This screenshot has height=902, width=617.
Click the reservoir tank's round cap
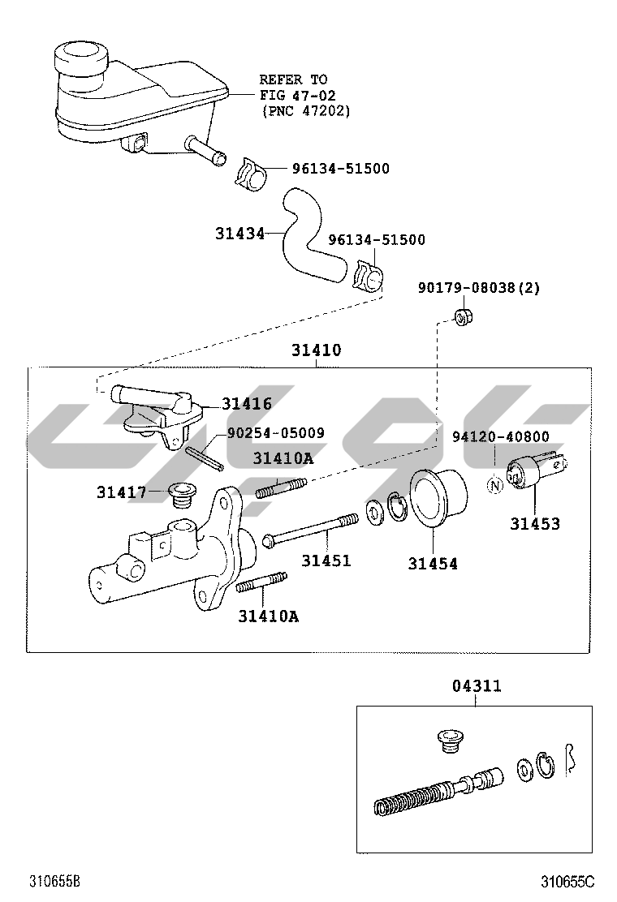coord(79,59)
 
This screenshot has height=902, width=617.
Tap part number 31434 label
coord(239,234)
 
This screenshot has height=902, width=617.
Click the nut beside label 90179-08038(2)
coord(463,315)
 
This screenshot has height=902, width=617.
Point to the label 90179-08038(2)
coord(479,288)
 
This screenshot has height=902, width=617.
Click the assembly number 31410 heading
coord(316,351)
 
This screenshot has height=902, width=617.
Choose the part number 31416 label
coord(247,404)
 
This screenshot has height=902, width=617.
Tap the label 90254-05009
coord(275,434)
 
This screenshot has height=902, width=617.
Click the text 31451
coord(326,561)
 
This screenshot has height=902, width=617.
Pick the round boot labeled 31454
coord(436,497)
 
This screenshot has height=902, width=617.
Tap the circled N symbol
coord(494,487)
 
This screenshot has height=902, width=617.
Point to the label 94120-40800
coord(500,436)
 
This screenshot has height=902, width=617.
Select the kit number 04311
coord(477,686)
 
